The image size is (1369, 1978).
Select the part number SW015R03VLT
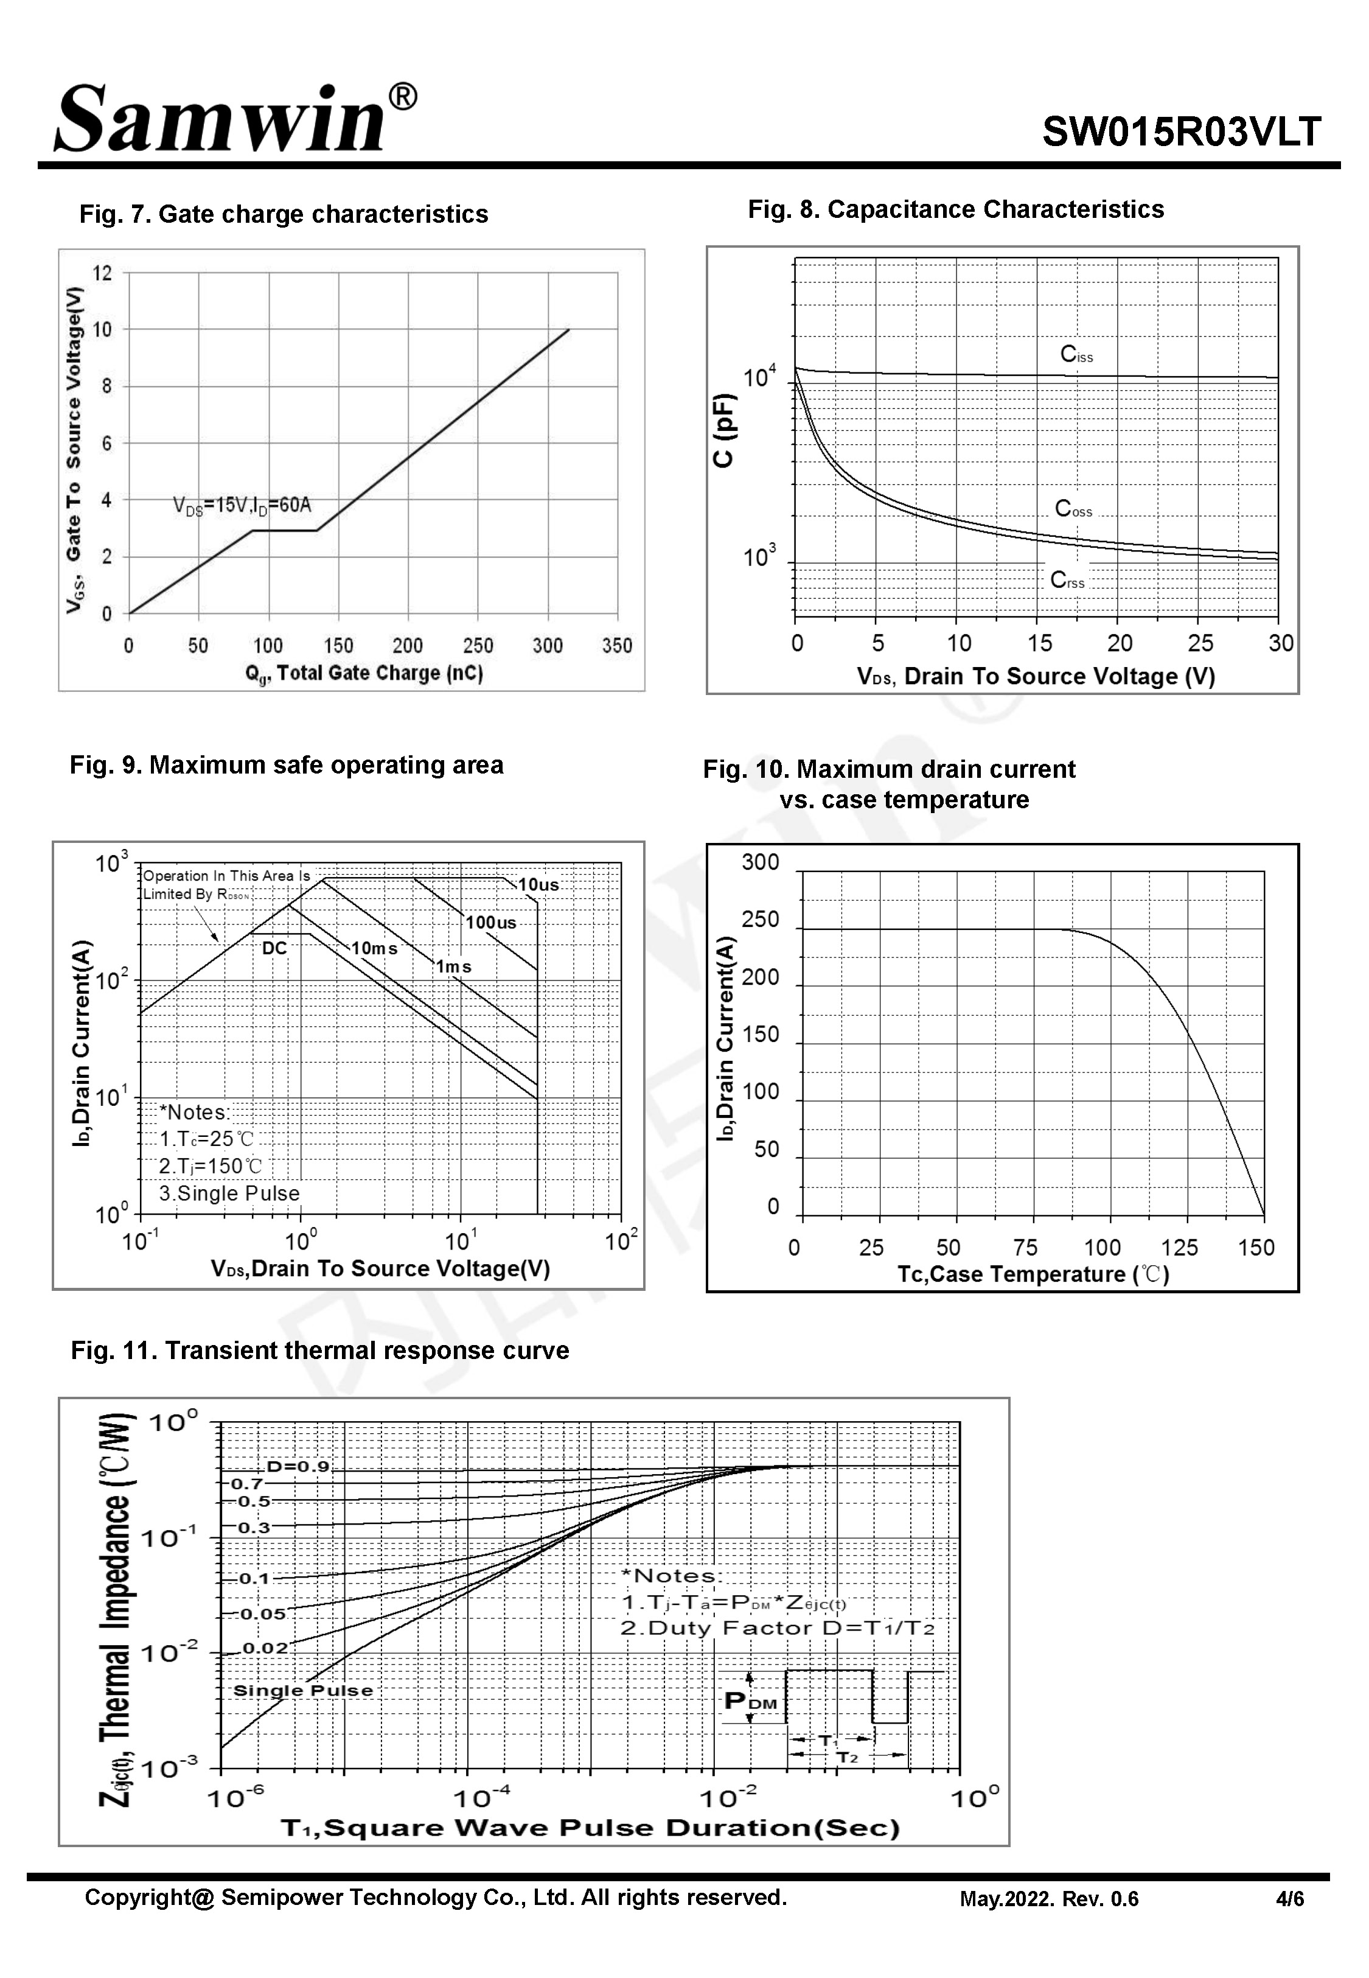tap(1181, 133)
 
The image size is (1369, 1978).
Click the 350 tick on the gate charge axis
tap(617, 646)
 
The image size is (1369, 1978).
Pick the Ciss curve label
tap(1076, 354)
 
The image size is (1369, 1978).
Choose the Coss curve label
tap(1073, 509)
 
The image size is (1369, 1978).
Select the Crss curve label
tap(1067, 581)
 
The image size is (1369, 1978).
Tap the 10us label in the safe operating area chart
tap(538, 884)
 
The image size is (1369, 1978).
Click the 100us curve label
tap(490, 923)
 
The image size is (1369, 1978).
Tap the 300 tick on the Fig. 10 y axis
tap(760, 862)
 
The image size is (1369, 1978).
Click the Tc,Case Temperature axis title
tap(1033, 1274)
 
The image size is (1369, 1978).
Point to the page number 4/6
tap(1289, 1899)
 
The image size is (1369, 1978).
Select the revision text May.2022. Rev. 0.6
tap(1048, 1899)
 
